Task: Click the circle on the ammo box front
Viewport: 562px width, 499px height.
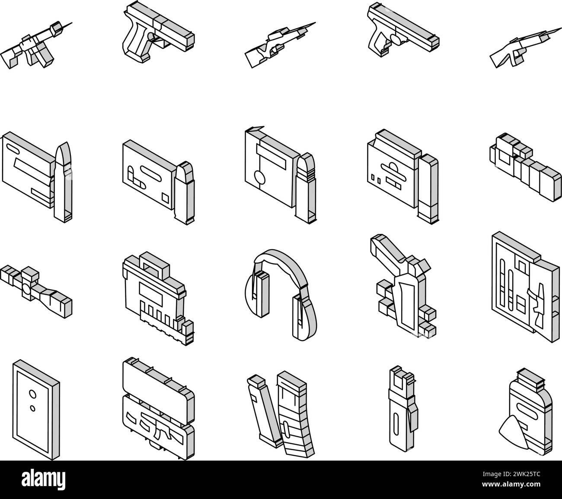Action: (x=259, y=178)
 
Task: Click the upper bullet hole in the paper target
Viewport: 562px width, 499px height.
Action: (x=31, y=393)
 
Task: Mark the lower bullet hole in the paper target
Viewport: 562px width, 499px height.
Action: (x=32, y=407)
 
